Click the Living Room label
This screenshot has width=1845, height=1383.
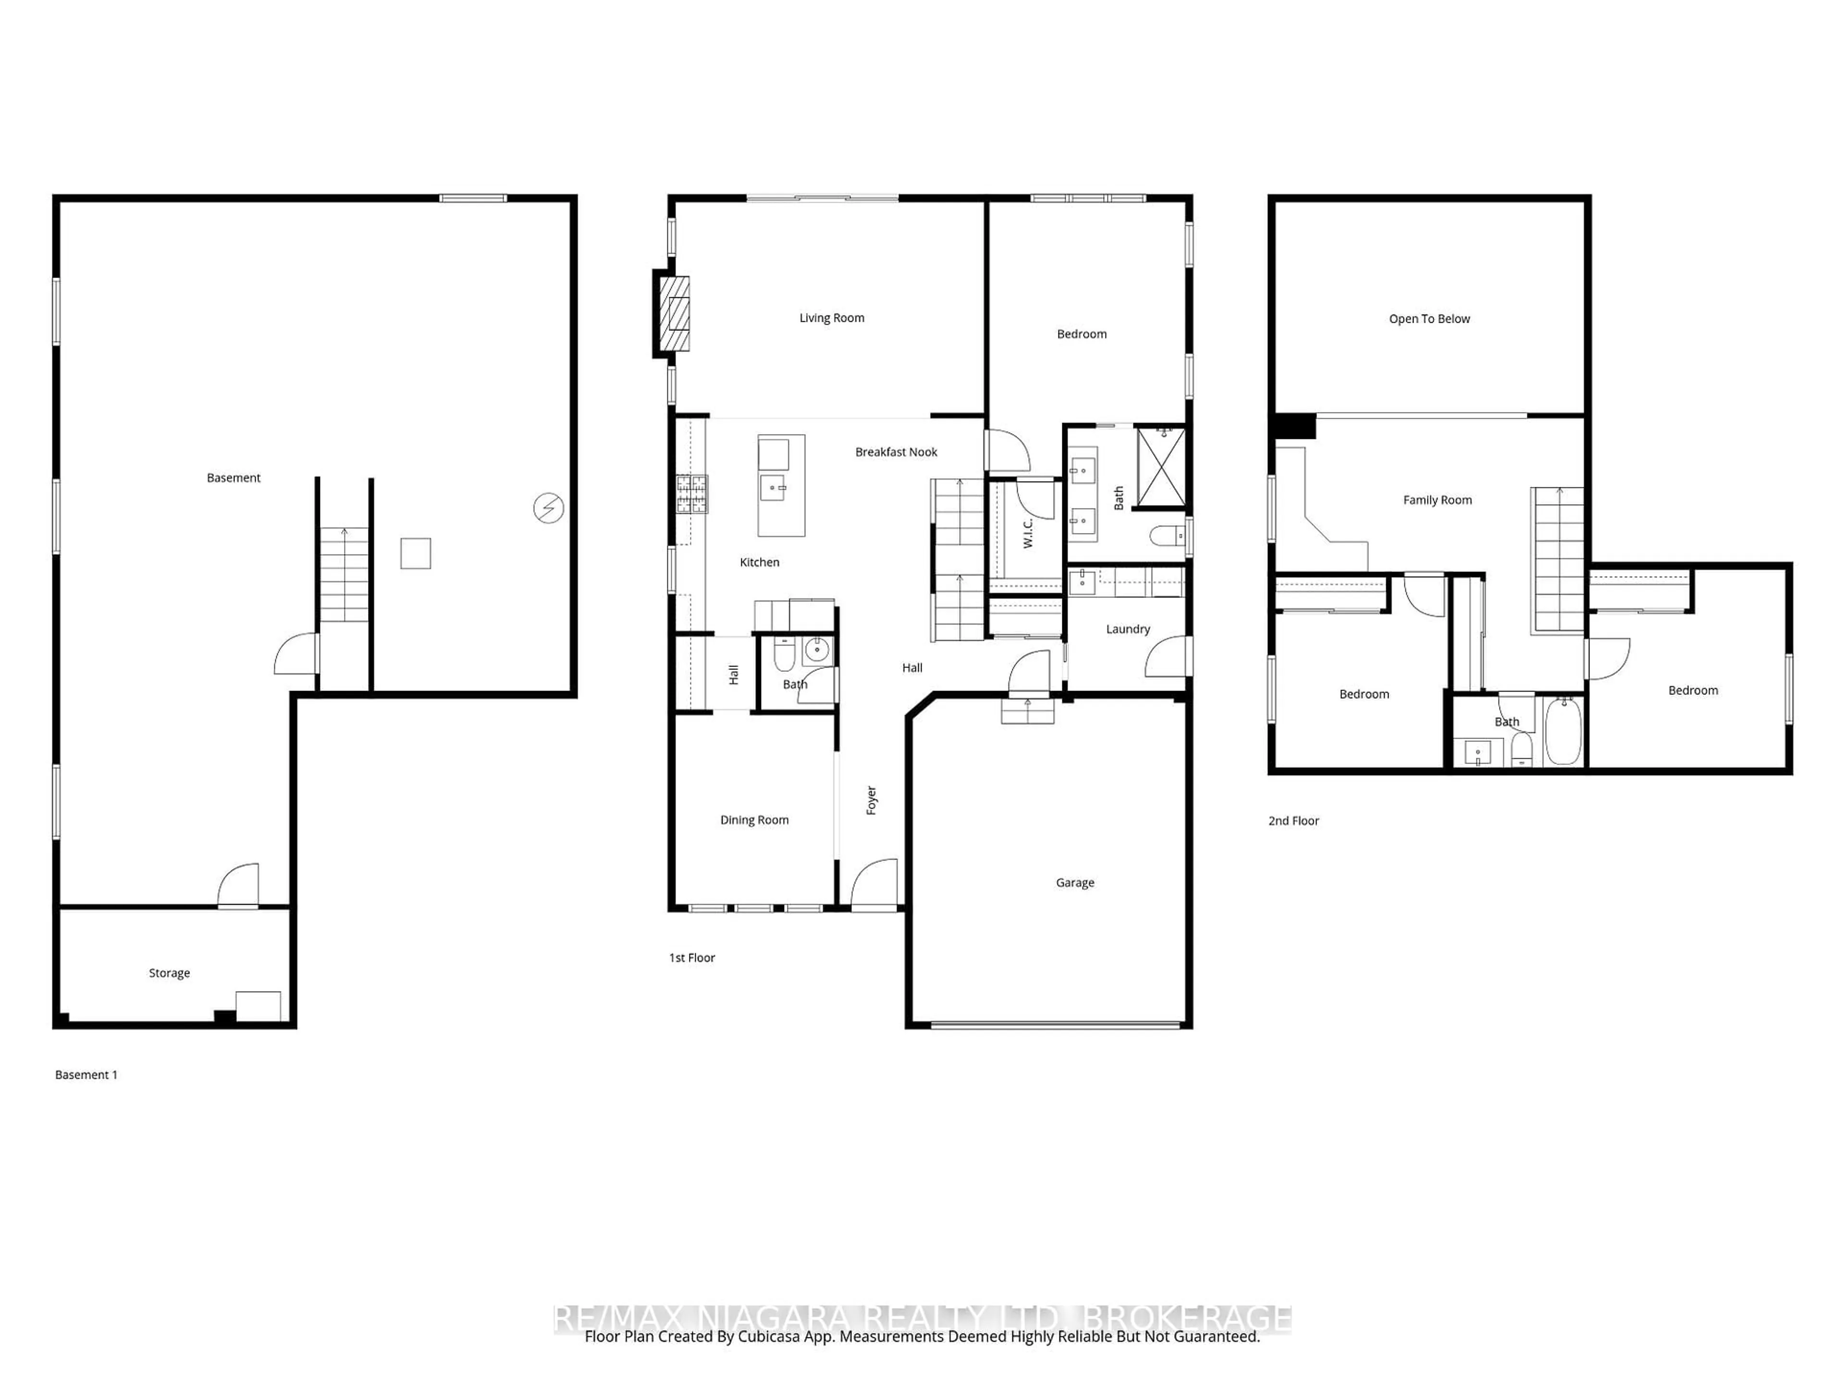point(832,317)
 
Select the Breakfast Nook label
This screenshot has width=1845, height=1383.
point(896,452)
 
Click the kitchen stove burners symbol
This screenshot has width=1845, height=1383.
point(691,494)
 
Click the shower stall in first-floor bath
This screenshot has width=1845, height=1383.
point(1161,468)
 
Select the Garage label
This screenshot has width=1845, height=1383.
point(1074,882)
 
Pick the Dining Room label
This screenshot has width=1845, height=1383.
point(754,819)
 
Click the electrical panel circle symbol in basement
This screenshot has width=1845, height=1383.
point(548,508)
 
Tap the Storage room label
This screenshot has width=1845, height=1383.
point(169,973)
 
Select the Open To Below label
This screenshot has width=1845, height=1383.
point(1429,318)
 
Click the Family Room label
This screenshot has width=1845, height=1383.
point(1437,500)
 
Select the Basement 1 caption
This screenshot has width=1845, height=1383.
point(86,1075)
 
